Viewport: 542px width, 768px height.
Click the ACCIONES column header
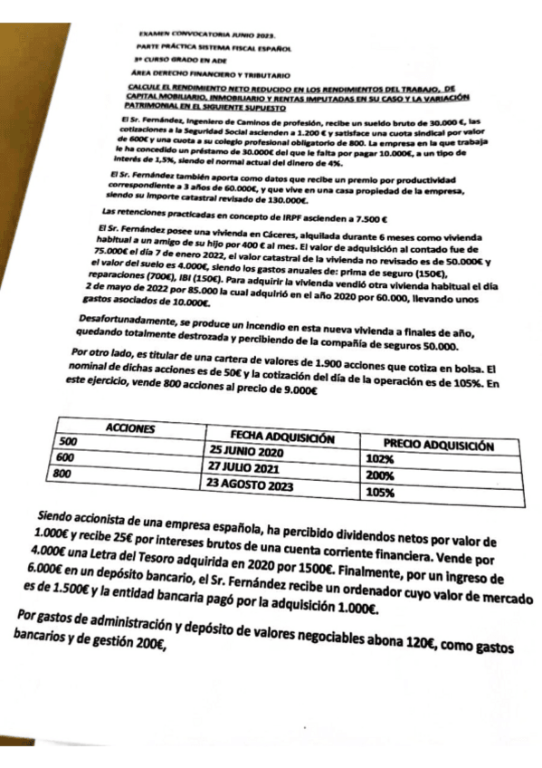(x=130, y=427)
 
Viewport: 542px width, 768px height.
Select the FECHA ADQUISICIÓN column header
(x=283, y=437)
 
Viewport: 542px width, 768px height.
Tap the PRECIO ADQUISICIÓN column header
(x=439, y=446)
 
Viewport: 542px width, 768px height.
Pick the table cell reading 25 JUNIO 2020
(x=245, y=451)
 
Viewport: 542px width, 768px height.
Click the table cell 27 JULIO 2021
(x=242, y=466)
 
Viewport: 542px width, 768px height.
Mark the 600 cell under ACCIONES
(x=65, y=457)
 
